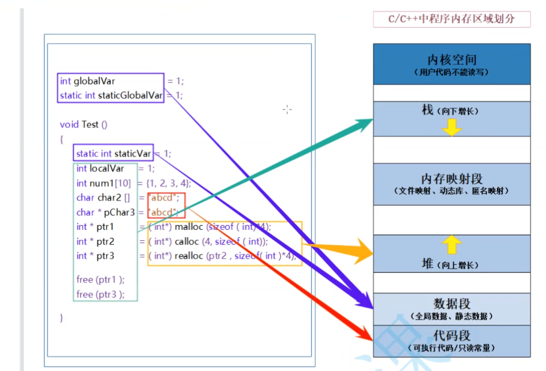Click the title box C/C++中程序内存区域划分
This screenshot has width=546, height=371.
coord(451,19)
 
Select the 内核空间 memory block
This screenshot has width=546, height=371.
coord(451,60)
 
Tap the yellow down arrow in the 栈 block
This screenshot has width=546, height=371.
coord(451,126)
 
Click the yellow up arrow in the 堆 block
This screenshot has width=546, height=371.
coord(452,244)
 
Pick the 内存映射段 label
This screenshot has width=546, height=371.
coord(451,179)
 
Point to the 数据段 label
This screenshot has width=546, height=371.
coord(451,303)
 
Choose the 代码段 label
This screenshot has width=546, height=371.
coord(451,335)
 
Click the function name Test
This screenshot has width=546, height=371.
coord(90,124)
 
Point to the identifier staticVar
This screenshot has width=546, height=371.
coord(133,154)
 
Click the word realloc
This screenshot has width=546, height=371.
coord(189,256)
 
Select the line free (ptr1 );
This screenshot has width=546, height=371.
coord(100,280)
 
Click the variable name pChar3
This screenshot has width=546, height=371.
coord(121,212)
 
